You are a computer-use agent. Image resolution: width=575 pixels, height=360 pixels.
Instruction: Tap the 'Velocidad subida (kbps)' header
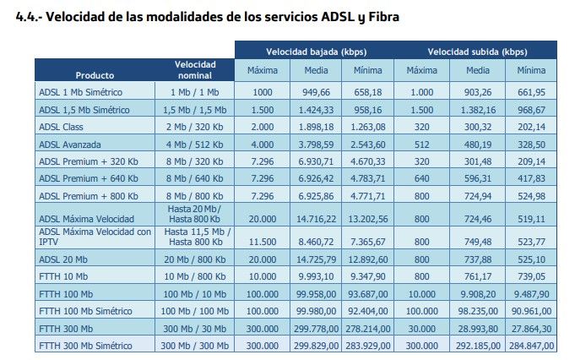[477, 52]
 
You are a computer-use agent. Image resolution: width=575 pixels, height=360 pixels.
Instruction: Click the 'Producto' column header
[95, 75]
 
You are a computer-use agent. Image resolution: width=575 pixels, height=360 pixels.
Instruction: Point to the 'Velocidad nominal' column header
[195, 70]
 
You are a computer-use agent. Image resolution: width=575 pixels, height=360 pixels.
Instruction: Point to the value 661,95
[530, 90]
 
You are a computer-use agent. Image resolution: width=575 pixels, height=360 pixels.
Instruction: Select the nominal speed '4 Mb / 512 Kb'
[195, 145]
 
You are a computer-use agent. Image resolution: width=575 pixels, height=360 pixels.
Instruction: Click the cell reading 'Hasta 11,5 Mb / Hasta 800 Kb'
[195, 237]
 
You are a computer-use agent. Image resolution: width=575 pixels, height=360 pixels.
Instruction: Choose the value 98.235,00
[477, 310]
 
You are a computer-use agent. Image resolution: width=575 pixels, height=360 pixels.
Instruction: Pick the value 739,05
[530, 275]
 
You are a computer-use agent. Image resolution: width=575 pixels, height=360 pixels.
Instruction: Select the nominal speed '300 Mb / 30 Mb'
[195, 328]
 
